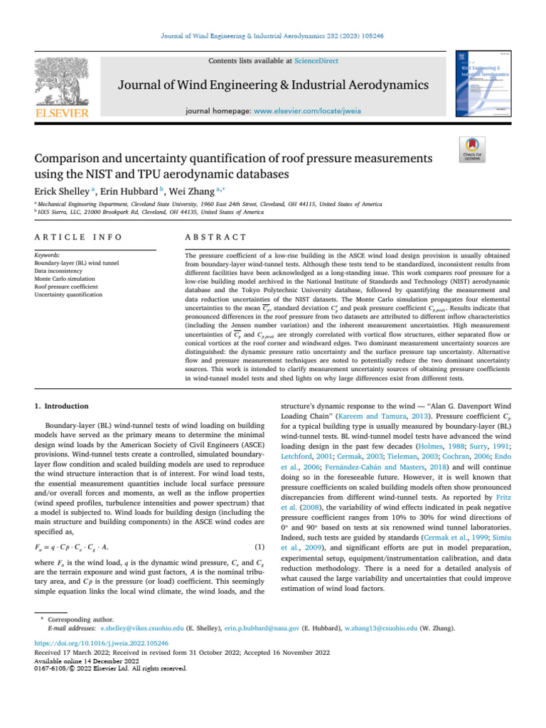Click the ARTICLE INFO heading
click(78, 237)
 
